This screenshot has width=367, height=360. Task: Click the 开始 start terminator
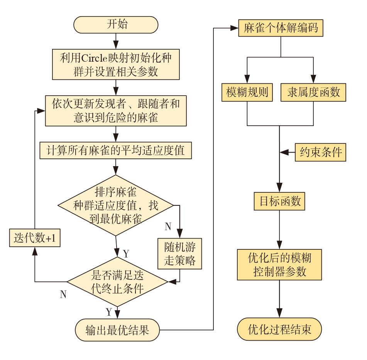click(116, 25)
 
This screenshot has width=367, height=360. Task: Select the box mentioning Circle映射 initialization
click(116, 64)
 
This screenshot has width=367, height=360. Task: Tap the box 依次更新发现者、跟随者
click(116, 111)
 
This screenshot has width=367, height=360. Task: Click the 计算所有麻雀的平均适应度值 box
click(116, 150)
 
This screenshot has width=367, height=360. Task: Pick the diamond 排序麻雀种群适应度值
click(116, 205)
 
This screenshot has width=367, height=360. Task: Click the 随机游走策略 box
click(180, 253)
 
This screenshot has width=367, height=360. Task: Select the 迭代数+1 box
click(35, 239)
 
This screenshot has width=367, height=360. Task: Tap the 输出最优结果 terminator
click(117, 330)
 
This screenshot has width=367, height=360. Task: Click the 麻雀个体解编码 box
click(281, 29)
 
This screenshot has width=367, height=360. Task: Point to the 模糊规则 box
click(247, 93)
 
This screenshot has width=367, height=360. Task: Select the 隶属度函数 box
click(313, 93)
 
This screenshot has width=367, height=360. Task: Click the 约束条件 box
click(321, 152)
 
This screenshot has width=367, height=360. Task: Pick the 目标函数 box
click(279, 201)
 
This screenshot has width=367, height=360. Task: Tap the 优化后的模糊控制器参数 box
click(279, 264)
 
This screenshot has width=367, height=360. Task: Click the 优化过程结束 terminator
click(279, 329)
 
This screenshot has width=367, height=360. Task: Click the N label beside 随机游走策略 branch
click(168, 227)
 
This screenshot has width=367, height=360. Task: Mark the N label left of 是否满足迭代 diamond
click(63, 294)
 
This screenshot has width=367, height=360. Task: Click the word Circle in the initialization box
click(92, 58)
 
